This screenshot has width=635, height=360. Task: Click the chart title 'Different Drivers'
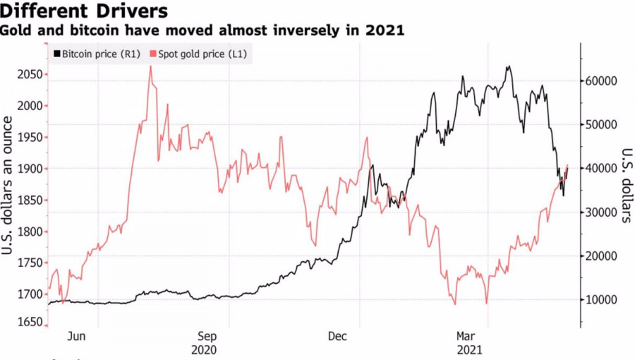click(84, 11)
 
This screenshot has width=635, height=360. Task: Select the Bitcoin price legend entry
click(97, 54)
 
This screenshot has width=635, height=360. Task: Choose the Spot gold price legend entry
click(198, 54)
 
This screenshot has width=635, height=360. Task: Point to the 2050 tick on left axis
click(30, 75)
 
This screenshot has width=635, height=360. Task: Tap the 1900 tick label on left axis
click(30, 169)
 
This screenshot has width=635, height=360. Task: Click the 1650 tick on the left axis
click(30, 322)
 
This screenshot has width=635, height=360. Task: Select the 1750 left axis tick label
click(30, 263)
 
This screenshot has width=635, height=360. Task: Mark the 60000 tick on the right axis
click(601, 81)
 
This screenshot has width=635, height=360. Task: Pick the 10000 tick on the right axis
click(601, 300)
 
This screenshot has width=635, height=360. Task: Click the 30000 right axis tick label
click(601, 212)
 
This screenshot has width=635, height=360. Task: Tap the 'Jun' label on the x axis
click(76, 336)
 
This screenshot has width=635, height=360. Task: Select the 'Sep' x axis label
click(207, 336)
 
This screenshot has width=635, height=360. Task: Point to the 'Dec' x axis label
click(337, 336)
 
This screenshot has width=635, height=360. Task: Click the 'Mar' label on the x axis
click(466, 336)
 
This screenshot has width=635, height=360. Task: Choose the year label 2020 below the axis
click(204, 350)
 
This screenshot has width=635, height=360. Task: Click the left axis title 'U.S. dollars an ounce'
click(7, 186)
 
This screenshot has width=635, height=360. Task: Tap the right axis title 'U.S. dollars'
click(627, 186)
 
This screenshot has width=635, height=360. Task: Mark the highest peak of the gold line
click(151, 66)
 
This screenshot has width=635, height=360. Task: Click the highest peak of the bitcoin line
click(509, 66)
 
